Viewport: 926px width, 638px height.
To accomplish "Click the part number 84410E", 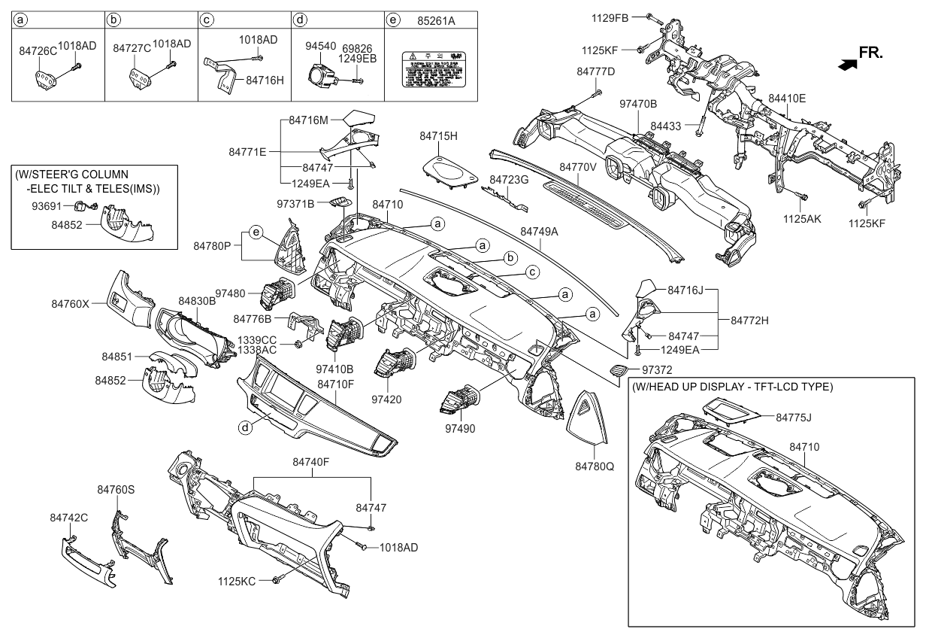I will [x=787, y=98].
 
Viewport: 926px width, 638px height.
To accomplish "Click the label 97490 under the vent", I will [x=459, y=427].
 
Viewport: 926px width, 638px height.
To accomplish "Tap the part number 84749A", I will [x=538, y=232].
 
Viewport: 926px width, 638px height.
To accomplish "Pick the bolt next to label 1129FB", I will [x=651, y=16].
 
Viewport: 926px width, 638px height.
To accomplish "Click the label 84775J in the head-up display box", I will [x=794, y=416].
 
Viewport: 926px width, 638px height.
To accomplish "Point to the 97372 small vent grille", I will [x=619, y=369].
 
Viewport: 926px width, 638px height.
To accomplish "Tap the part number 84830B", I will [x=197, y=300].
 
